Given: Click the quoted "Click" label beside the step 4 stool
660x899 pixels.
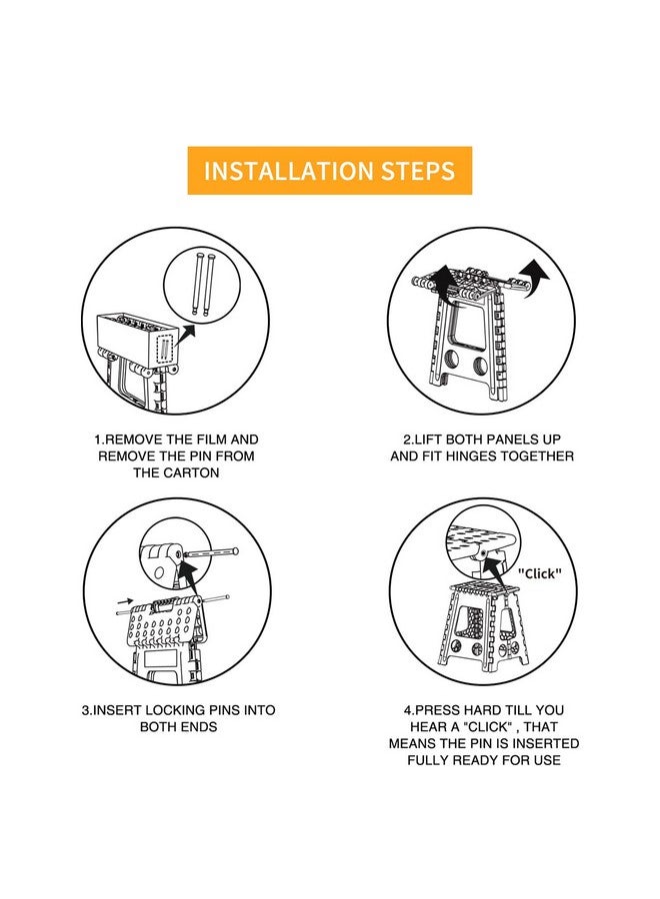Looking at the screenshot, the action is click(x=539, y=573).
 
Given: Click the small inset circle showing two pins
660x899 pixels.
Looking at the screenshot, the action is click(x=200, y=284).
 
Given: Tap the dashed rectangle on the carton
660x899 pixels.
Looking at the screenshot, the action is click(x=165, y=349).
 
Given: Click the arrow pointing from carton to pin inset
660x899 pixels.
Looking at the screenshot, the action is click(x=185, y=335).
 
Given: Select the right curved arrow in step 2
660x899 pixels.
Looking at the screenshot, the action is click(x=533, y=276).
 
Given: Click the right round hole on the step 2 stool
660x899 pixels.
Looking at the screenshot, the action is click(x=481, y=365).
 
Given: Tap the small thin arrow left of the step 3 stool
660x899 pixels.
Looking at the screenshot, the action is click(x=125, y=601).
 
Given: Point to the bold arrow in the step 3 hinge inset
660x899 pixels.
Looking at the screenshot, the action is click(x=188, y=575).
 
